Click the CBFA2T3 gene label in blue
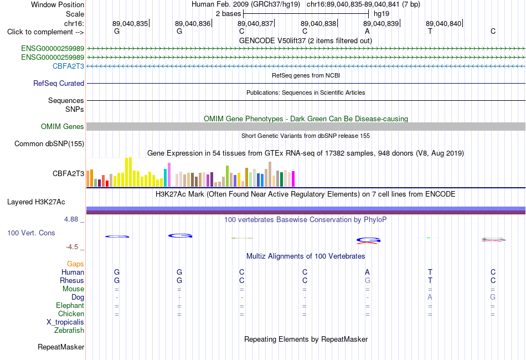(x=68, y=66)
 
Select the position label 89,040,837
(x=255, y=23)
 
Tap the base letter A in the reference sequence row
(x=367, y=31)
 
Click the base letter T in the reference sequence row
(x=430, y=31)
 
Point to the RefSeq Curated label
(x=59, y=83)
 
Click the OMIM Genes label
(x=63, y=126)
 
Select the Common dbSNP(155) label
(x=49, y=143)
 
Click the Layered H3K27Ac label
(x=36, y=202)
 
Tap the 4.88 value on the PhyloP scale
(x=71, y=219)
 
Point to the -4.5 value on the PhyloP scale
(x=72, y=247)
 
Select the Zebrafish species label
(x=69, y=331)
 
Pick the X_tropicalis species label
(x=65, y=322)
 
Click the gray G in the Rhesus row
(x=367, y=280)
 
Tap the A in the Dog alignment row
(x=430, y=297)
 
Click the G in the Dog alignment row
(x=493, y=297)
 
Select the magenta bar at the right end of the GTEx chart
(x=293, y=179)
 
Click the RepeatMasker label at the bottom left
(x=61, y=347)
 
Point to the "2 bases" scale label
(x=228, y=14)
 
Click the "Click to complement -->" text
(x=45, y=32)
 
